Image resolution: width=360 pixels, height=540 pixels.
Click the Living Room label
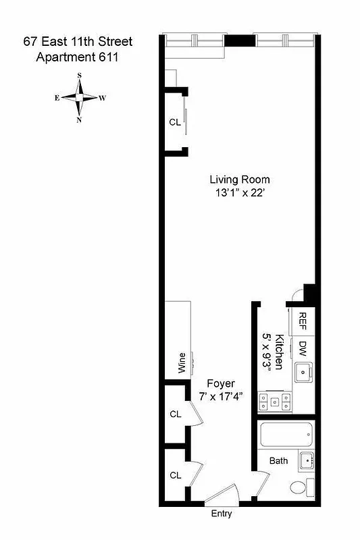coord(239,180)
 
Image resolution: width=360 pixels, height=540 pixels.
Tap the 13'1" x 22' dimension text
coord(239,192)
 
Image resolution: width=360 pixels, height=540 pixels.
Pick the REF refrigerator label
coord(303,319)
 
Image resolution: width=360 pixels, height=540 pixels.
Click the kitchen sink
coord(304,371)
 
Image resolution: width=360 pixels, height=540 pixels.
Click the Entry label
coord(221,514)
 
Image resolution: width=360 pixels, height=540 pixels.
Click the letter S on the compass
coord(80,76)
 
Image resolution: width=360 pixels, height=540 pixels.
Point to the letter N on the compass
coord(80,120)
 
